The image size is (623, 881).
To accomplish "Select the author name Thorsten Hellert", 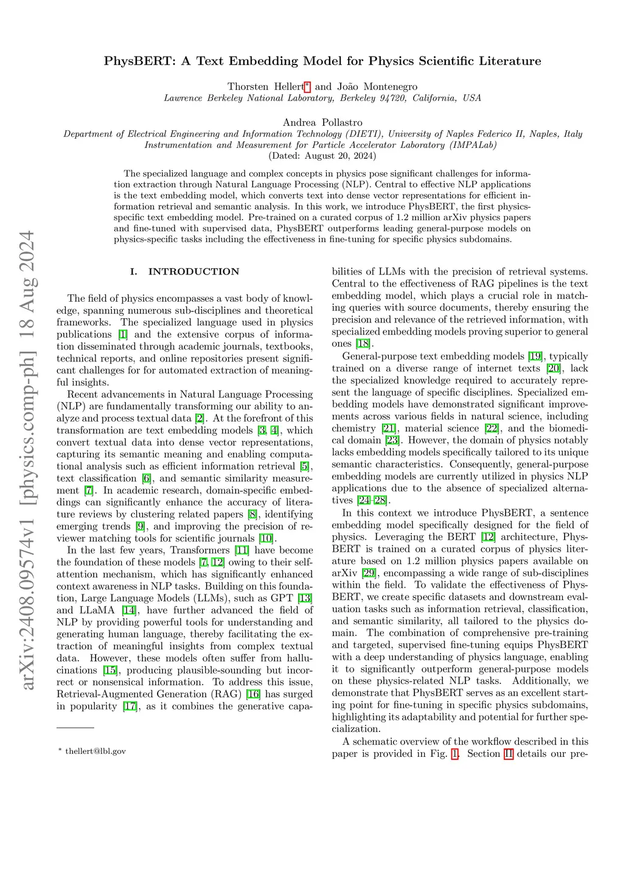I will (265, 86).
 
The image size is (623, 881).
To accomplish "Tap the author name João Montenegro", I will (377, 86).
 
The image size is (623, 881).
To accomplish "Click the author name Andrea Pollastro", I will (322, 122).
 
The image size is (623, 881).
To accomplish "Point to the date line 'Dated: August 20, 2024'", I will (322, 156).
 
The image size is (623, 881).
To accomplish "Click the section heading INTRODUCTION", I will (193, 272).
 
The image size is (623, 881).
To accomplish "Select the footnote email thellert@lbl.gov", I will (96, 751).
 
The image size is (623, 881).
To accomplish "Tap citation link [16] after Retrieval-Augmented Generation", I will (252, 694).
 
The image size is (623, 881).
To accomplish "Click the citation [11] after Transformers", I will (242, 550).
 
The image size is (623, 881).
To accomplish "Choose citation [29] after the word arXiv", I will (369, 573).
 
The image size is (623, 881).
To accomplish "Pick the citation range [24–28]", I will (372, 500).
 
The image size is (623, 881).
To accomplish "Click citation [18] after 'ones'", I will (363, 344).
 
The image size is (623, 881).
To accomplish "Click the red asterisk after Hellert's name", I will (308, 86).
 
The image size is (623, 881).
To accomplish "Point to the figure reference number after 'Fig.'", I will (454, 754).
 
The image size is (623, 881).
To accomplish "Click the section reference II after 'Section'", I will (509, 754).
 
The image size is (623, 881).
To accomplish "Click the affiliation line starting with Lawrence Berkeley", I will (322, 98).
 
